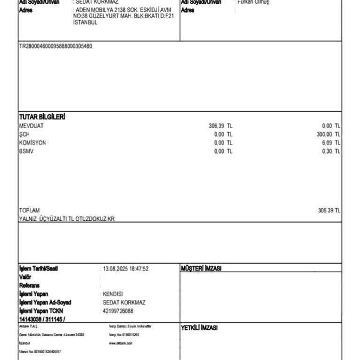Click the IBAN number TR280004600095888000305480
55,46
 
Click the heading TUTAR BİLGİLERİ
42,117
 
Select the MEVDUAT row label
31,126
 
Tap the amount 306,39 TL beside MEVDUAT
220,126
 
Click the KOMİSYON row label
32,143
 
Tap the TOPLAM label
30,210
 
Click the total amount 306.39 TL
329,210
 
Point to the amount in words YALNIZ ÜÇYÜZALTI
67,219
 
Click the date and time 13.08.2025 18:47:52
126,269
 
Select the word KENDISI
112,294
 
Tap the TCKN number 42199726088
118,311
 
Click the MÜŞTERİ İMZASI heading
201,269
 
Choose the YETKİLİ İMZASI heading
199,328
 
